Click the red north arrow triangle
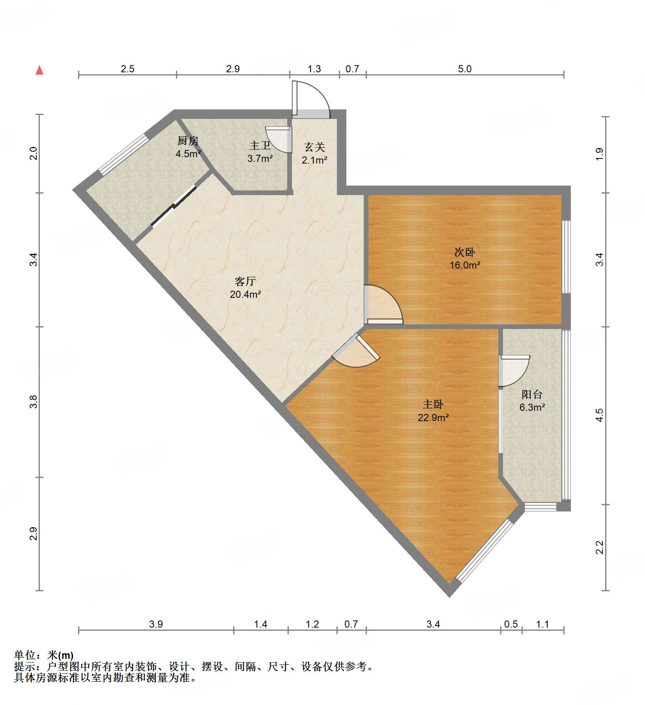coord(39,70)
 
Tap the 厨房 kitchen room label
coord(188,141)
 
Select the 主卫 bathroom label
coord(260,146)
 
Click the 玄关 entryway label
coord(314,147)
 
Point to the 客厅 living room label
coord(245,281)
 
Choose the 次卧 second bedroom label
coord(465,252)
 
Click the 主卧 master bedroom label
coord(433,404)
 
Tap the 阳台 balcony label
coord(532,394)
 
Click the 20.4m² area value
coord(245,294)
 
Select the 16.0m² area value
coord(465,265)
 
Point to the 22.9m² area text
coord(433,417)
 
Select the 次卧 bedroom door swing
coord(383,304)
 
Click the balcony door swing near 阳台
coord(514,370)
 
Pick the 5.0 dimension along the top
coord(465,69)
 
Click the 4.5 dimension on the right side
coord(599,415)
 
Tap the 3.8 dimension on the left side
coord(34,402)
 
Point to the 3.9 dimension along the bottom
coord(156,624)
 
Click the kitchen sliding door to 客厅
coord(174,206)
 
